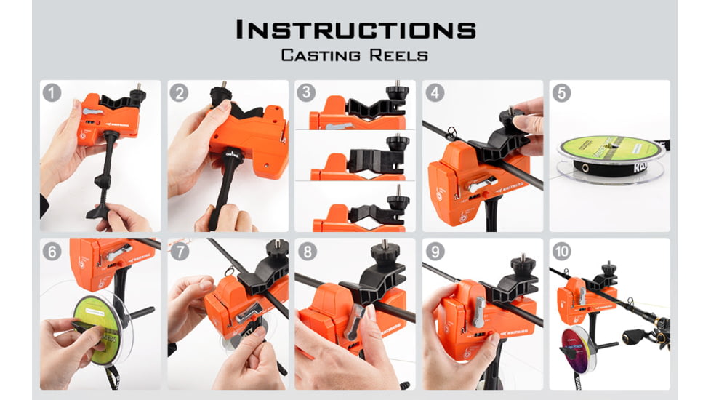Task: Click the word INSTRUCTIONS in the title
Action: (355, 30)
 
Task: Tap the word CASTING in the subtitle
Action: (316, 55)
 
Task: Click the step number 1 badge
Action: (52, 92)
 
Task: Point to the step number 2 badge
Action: (180, 92)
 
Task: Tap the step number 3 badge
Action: (306, 92)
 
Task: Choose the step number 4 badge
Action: (434, 92)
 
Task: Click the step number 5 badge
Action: (561, 92)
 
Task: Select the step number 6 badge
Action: (52, 252)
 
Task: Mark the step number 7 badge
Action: (180, 252)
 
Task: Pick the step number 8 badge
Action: (306, 252)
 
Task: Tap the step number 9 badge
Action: (434, 252)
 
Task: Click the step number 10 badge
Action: (561, 252)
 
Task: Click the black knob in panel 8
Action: (382, 254)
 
